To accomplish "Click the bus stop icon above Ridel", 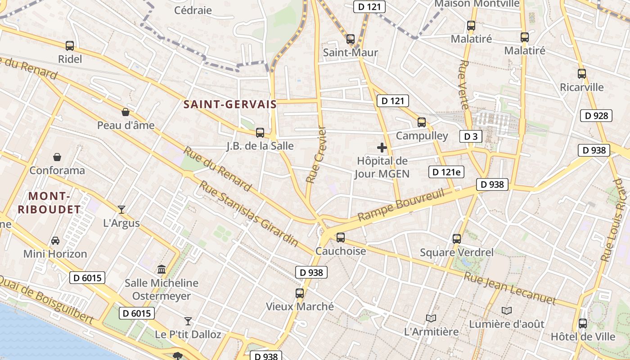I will [x=70, y=45].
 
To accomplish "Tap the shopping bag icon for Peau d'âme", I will [x=126, y=112].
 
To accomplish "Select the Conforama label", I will [x=57, y=171].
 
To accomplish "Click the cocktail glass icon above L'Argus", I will [x=121, y=209].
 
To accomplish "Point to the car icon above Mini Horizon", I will [x=55, y=240].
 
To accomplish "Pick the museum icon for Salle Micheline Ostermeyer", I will [x=162, y=269].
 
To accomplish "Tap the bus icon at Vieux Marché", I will [x=300, y=293].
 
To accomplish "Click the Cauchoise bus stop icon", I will [x=341, y=237].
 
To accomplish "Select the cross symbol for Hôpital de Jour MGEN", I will [x=382, y=147].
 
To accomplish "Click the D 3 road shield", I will [x=471, y=136].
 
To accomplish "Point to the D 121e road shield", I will [x=446, y=171].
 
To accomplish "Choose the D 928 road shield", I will [x=597, y=116].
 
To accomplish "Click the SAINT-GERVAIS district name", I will [x=230, y=104].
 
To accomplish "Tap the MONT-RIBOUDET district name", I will [x=49, y=202].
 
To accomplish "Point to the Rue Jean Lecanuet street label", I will [x=510, y=288].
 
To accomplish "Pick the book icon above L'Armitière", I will [x=431, y=318].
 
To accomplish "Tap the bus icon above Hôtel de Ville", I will [x=583, y=323].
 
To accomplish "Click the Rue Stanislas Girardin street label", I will [x=248, y=213].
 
